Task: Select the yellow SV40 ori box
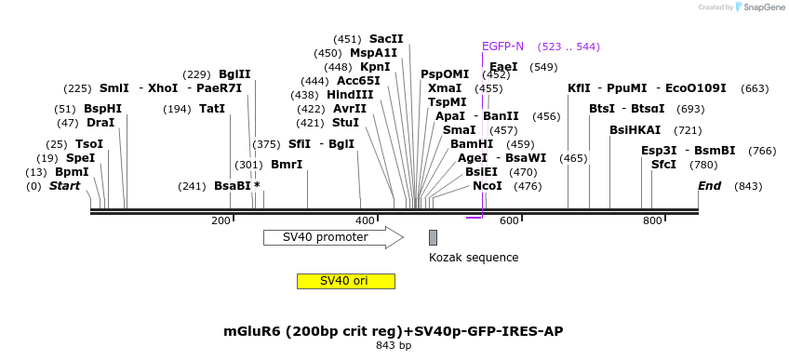tap(345, 281)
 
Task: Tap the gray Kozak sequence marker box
tap(433, 237)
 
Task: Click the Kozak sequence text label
tap(474, 258)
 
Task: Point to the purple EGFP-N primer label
tap(502, 47)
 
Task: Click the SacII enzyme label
tap(386, 39)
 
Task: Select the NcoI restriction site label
tap(487, 186)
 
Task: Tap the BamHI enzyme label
tap(472, 144)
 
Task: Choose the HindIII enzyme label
tap(350, 95)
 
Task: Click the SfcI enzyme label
tap(663, 165)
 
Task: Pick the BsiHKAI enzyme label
tap(635, 130)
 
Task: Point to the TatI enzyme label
tap(212, 109)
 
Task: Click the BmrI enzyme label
tap(287, 165)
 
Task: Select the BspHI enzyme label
tap(102, 109)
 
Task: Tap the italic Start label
tap(64, 186)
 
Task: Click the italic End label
tap(710, 186)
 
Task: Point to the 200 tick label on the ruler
tap(221, 220)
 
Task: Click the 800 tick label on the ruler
tap(652, 220)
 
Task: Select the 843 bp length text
tap(393, 346)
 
